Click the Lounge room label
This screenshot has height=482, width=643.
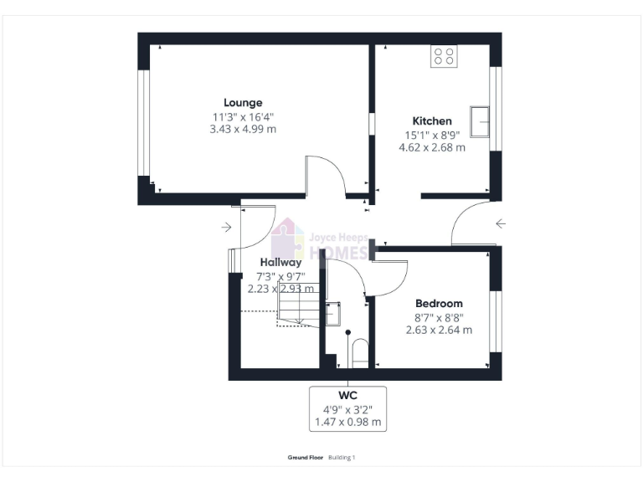(x=243, y=103)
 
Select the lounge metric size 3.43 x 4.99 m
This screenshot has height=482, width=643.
(x=243, y=130)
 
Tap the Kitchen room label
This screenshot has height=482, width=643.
(x=432, y=121)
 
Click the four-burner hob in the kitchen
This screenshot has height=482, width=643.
(x=444, y=56)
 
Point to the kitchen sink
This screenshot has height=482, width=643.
(x=481, y=120)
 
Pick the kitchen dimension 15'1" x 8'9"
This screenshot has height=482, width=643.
(x=432, y=135)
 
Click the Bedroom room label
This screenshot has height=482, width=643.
(x=440, y=304)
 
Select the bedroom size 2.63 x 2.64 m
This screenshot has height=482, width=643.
(x=440, y=330)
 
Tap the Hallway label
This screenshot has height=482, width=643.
(x=280, y=262)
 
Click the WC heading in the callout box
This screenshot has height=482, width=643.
(x=348, y=394)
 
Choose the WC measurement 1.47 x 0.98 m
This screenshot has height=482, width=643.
(x=348, y=422)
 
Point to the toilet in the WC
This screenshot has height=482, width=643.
(x=360, y=351)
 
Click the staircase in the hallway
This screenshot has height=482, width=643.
(x=297, y=310)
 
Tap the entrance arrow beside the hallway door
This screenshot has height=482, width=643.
(x=226, y=227)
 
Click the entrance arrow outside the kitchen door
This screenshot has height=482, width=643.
(x=501, y=223)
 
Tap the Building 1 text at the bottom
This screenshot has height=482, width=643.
(x=342, y=458)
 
